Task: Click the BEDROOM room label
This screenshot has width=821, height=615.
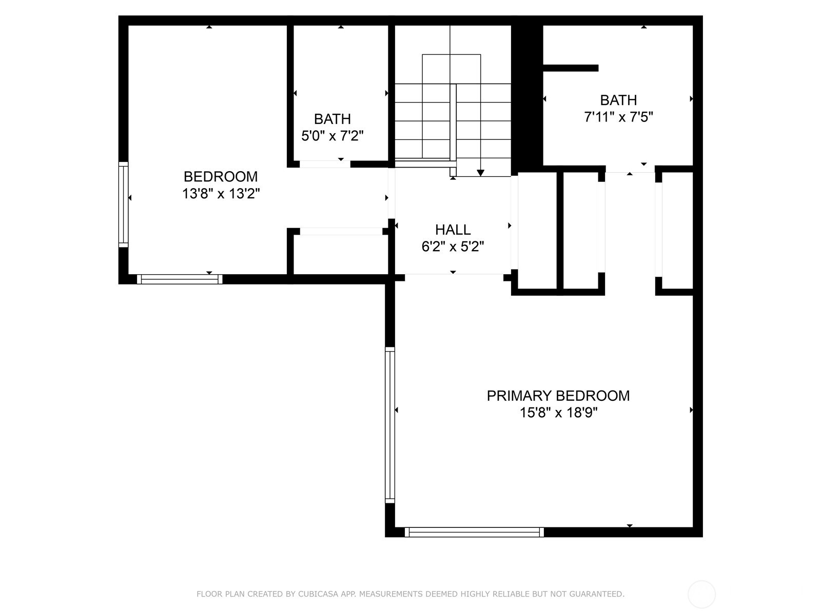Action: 221,177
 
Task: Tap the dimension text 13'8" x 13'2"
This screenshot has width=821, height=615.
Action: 221,194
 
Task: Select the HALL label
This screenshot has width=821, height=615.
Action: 453,230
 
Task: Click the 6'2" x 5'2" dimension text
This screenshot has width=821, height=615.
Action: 453,247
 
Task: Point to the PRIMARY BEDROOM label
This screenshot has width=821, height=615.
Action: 558,396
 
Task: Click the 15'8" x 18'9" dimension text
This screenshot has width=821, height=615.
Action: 558,413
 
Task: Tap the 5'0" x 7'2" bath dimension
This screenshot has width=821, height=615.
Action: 333,136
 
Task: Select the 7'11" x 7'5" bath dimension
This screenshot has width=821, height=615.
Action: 618,117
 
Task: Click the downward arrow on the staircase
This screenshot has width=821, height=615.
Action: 480,172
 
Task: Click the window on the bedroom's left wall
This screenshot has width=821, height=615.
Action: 123,204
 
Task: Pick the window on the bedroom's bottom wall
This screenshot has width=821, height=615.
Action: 180,279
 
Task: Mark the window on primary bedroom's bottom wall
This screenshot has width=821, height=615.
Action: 474,532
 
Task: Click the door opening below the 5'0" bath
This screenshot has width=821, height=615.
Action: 325,164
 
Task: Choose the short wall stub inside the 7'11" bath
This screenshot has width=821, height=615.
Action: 571,68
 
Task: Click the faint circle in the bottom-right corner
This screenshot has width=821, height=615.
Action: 701,594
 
